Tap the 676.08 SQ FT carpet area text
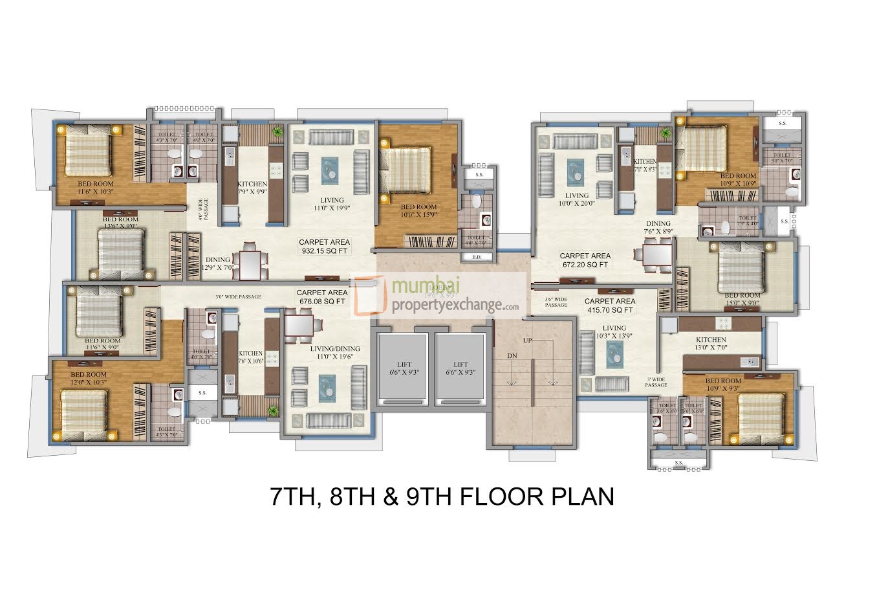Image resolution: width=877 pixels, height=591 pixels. pyautogui.click(x=321, y=297)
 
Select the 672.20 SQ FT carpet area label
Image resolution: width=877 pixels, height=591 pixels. pyautogui.click(x=584, y=260)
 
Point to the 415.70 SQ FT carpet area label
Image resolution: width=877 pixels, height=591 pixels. pyautogui.click(x=609, y=306)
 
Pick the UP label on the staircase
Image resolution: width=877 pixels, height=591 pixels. pyautogui.click(x=528, y=340)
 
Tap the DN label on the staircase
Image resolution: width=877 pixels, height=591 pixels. pyautogui.click(x=512, y=356)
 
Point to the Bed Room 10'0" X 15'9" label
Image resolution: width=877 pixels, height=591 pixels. pyautogui.click(x=418, y=211)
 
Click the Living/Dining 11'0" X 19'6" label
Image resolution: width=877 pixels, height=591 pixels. pyautogui.click(x=334, y=353)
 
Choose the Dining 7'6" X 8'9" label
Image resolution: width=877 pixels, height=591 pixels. pyautogui.click(x=657, y=227)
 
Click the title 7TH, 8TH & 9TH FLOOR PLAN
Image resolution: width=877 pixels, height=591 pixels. pyautogui.click(x=441, y=497)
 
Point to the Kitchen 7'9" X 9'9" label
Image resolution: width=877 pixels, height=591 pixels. pyautogui.click(x=252, y=188)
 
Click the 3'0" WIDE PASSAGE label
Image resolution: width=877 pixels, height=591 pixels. pyautogui.click(x=238, y=297)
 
